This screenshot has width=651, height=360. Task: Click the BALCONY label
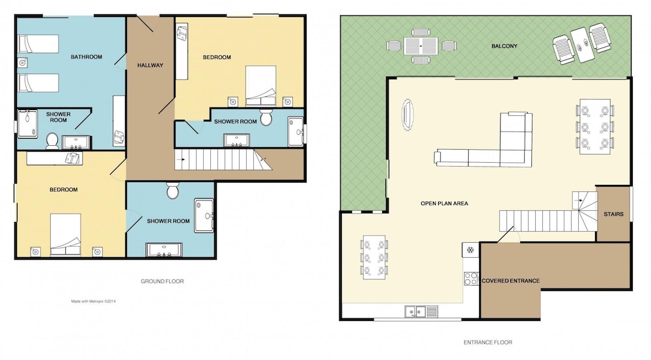[x=505, y=46]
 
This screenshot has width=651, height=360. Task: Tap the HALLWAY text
[x=150, y=65]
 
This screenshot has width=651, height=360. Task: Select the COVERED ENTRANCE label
[x=510, y=281]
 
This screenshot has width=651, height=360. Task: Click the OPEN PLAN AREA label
[x=444, y=204]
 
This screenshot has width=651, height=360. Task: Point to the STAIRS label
[x=614, y=214]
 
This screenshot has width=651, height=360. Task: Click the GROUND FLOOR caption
[x=162, y=281]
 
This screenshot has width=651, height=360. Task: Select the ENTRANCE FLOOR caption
[x=488, y=342]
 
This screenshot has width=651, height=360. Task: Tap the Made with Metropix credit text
[x=93, y=301]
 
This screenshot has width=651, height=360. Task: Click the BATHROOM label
[x=87, y=57]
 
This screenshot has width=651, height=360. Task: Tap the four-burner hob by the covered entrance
[x=471, y=278]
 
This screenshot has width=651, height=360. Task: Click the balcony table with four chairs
[x=421, y=46]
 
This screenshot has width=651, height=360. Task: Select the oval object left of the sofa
[x=408, y=115]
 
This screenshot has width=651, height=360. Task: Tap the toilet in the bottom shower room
[x=173, y=190]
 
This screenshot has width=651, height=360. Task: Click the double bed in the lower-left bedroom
[x=66, y=235]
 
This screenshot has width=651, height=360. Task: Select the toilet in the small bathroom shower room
[x=52, y=141]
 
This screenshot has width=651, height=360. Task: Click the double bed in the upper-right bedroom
[x=261, y=85]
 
